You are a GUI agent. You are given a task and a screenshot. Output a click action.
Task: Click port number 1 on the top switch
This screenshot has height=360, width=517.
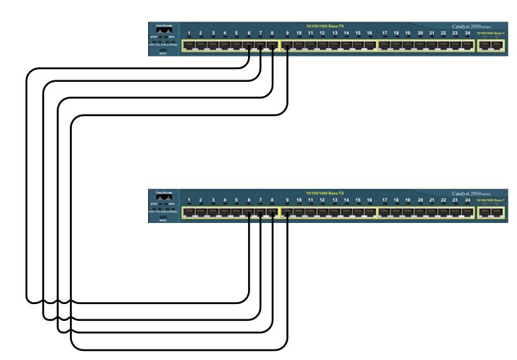189,33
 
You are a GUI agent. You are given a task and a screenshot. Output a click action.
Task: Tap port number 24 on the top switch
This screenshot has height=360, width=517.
466,33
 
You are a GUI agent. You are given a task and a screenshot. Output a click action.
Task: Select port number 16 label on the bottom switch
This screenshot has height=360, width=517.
370,201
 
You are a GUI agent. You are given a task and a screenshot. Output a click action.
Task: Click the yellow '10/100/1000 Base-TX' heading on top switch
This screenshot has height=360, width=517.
325,26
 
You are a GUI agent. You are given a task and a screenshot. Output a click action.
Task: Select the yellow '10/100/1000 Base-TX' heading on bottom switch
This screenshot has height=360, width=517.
325,193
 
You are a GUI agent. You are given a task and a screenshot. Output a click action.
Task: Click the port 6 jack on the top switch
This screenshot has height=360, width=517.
249,46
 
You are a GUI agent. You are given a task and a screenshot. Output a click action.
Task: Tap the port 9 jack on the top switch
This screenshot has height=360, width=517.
287,46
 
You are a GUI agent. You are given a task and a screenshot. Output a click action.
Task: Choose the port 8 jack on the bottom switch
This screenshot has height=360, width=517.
272,213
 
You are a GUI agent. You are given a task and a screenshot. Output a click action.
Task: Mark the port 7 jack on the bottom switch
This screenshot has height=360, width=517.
260,213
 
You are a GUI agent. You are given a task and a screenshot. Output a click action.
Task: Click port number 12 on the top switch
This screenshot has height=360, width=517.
322,33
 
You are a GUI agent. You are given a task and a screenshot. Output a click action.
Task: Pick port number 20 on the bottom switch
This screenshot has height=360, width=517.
420,201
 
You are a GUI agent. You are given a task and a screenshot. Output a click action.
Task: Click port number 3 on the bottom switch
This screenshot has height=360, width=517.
212,201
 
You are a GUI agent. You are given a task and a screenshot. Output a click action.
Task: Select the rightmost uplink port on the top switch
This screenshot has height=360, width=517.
497,46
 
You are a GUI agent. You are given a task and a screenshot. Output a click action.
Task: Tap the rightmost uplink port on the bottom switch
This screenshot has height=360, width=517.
497,213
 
